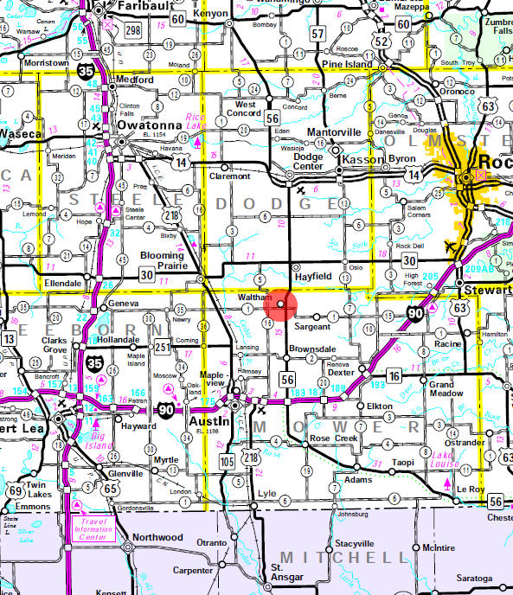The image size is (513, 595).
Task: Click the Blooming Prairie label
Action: tap(163, 260)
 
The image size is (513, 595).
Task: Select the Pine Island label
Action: tap(348, 64)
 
